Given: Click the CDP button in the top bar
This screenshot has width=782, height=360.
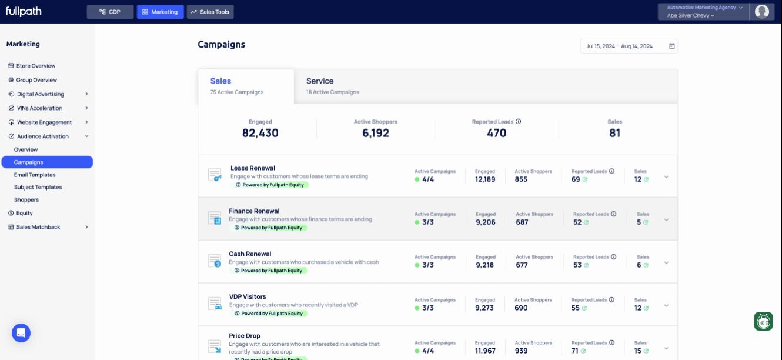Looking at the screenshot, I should (110, 12).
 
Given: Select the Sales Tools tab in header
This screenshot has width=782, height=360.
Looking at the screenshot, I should (210, 12).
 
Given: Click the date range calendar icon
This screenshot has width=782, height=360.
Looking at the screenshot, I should (672, 46).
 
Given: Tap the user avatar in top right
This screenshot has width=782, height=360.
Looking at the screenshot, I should (762, 11).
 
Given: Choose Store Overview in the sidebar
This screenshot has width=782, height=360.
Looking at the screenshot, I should (35, 66).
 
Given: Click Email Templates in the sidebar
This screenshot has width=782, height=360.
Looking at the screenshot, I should (35, 175).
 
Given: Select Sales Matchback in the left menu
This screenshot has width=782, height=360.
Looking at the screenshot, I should (38, 227).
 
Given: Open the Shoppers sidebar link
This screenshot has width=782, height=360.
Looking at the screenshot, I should (26, 200).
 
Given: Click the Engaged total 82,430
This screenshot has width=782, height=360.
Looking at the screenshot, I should (260, 133).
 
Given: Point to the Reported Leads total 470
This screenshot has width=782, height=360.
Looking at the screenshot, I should (496, 133).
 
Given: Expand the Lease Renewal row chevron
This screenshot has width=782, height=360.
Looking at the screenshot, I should (666, 177).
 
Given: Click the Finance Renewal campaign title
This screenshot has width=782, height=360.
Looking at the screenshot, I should (254, 211).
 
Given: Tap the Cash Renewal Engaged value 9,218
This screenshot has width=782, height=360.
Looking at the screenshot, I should (485, 265).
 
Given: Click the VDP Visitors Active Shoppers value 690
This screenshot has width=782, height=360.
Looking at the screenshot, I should (521, 308).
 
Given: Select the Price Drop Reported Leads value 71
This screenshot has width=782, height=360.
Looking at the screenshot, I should (575, 351).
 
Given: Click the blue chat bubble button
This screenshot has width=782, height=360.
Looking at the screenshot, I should (21, 332).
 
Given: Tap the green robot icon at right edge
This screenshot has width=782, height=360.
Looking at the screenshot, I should (763, 321).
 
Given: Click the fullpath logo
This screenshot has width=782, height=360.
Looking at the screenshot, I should (24, 11).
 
